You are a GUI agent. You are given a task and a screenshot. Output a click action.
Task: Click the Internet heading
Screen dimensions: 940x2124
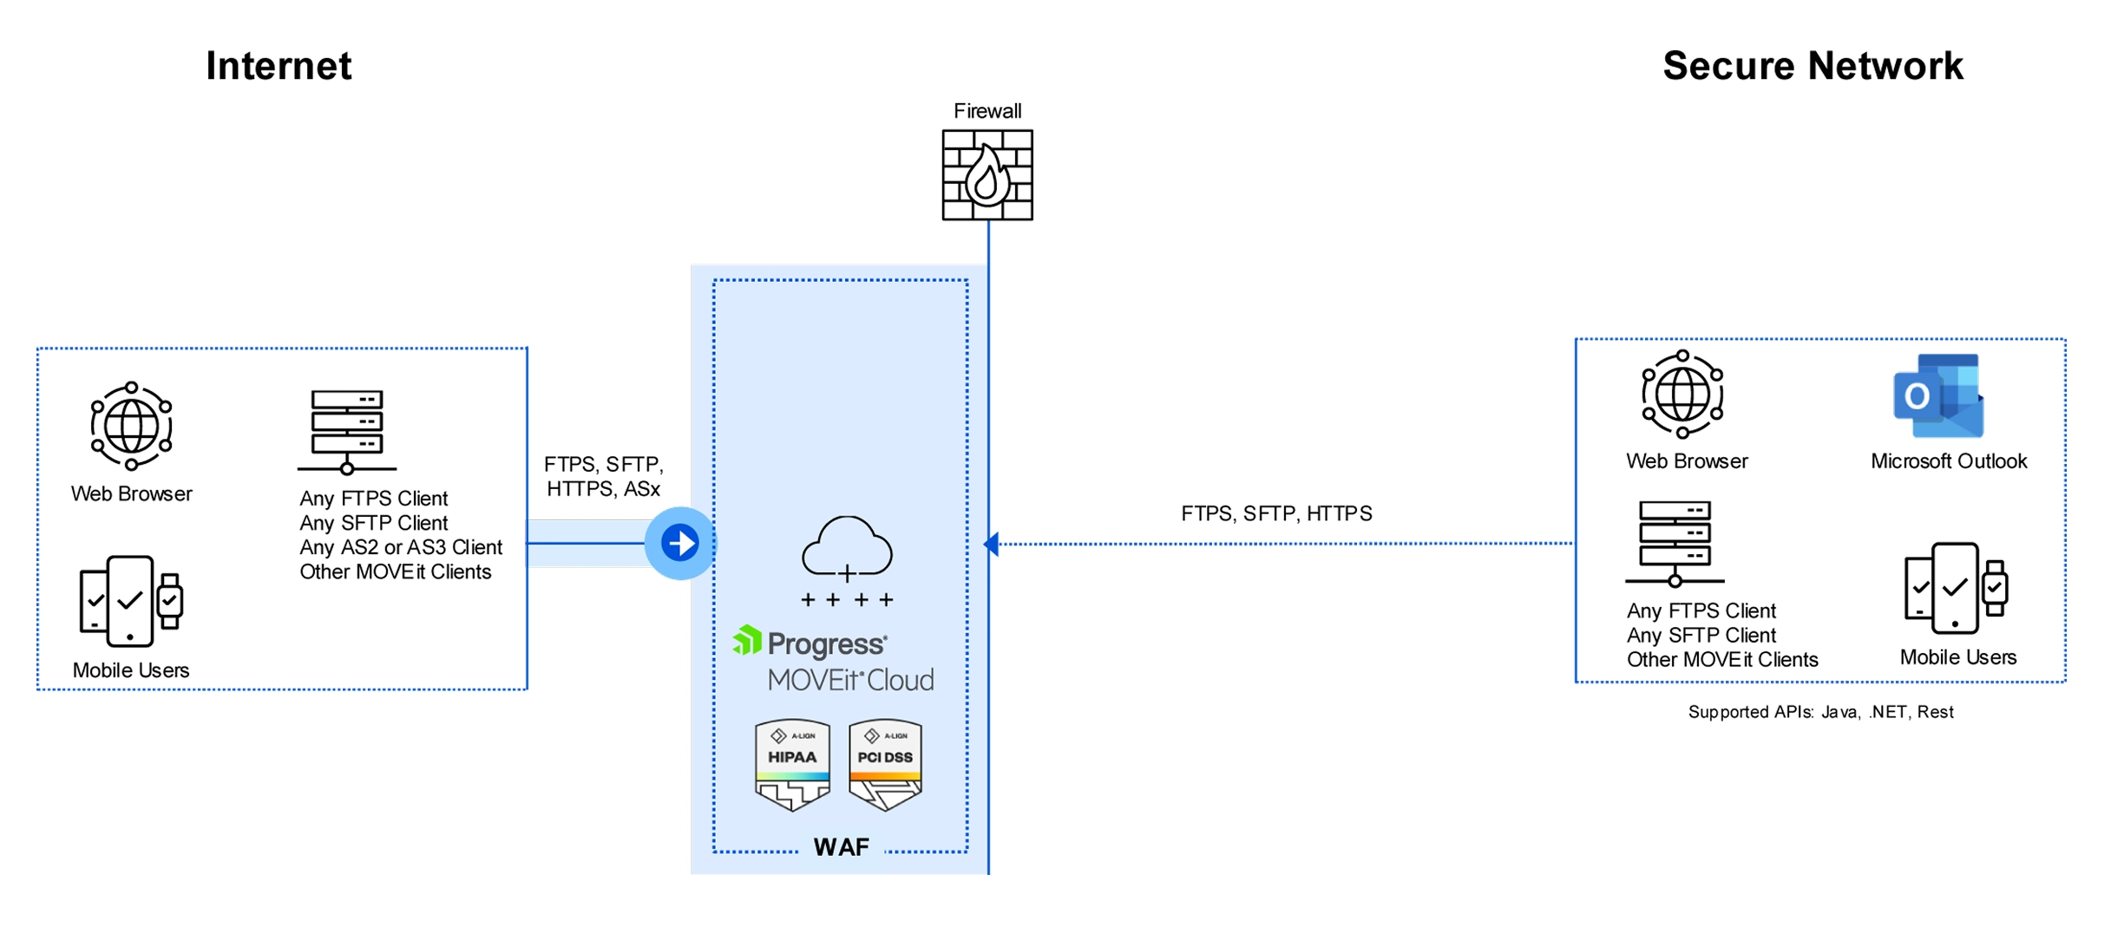pos(279,66)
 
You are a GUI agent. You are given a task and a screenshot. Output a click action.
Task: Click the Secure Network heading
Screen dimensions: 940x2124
pos(1812,66)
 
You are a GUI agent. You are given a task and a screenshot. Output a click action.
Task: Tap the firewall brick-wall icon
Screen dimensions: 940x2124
pos(987,175)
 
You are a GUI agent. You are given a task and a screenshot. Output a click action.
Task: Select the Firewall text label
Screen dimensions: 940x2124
pos(987,111)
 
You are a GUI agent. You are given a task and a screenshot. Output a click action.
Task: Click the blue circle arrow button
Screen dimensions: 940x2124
pos(680,543)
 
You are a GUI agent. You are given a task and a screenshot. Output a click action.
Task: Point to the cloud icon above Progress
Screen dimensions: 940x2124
pos(847,549)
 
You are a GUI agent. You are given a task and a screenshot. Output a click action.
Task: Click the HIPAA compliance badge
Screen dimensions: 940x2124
pos(792,764)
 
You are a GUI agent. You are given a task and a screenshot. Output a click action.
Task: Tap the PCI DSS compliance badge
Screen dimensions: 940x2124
pos(885,764)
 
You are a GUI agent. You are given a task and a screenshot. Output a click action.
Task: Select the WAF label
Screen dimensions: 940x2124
pos(841,847)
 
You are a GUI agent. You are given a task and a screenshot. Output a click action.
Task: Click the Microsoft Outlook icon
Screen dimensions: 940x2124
pos(1938,395)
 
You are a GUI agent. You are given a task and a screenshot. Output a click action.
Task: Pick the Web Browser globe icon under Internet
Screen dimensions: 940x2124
pos(131,426)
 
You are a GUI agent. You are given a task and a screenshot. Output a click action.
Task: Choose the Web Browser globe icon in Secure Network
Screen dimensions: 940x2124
pos(1681,395)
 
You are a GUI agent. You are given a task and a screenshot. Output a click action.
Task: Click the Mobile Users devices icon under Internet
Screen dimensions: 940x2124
pos(130,601)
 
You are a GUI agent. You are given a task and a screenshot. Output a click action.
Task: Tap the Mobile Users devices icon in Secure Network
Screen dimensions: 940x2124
pos(1956,588)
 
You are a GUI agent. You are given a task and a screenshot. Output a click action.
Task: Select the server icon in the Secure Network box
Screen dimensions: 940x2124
pos(1675,543)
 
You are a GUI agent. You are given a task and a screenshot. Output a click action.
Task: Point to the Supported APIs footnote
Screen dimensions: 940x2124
pos(1820,712)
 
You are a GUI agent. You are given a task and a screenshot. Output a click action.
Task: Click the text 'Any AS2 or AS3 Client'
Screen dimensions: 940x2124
pos(401,547)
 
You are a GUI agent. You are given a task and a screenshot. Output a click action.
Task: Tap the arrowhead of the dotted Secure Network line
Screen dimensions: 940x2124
pos(991,544)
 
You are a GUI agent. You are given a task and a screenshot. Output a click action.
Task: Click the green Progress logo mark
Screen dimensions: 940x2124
pos(747,640)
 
